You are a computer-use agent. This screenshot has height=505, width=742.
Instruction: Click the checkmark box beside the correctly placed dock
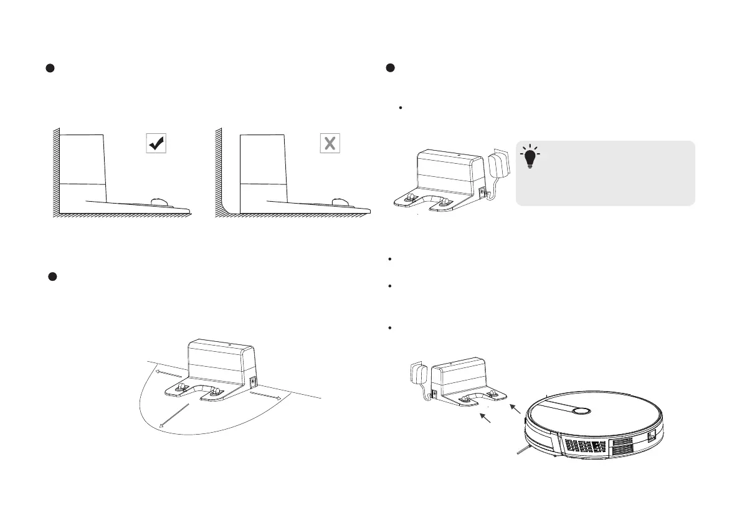pyautogui.click(x=155, y=144)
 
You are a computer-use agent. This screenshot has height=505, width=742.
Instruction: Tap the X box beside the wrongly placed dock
pyautogui.click(x=330, y=144)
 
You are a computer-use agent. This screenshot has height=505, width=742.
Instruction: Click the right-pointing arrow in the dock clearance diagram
pyautogui.click(x=268, y=396)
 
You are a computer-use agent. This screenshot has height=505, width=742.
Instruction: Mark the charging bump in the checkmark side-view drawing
pyautogui.click(x=159, y=201)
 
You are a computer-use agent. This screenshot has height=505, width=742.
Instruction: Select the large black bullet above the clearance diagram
pyautogui.click(x=54, y=276)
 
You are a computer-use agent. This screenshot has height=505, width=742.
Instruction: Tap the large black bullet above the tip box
pyautogui.click(x=391, y=68)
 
